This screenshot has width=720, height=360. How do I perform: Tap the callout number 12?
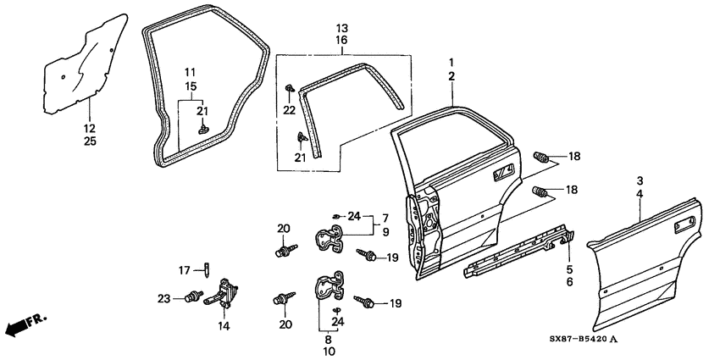(90, 128)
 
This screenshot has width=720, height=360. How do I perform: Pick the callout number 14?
(224, 324)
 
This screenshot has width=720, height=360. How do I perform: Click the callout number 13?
(342, 27)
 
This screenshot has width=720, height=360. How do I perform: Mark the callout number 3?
(640, 180)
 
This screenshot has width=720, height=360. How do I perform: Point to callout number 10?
(329, 351)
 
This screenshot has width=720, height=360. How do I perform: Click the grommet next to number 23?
(194, 297)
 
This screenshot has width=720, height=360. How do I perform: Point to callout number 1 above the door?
(451, 63)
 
